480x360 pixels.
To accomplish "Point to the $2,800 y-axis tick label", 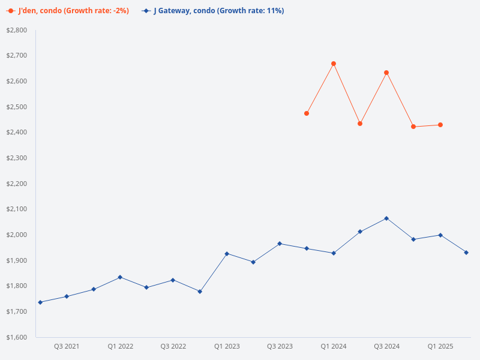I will [17, 30].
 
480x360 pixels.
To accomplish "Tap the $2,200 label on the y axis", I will [17, 184].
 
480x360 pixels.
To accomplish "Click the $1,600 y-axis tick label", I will [17, 337].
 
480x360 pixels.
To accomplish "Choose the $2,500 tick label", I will [17, 107].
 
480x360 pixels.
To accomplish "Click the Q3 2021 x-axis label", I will [67, 346].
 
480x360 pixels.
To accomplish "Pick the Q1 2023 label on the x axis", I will [227, 346].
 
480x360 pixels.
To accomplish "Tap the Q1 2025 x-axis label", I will [440, 346].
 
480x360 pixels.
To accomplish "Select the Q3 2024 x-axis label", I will [387, 346].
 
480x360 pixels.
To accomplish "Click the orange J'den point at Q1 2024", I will [334, 64].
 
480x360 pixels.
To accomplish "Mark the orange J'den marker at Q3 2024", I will [386, 73].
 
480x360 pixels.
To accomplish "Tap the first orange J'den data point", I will [307, 113].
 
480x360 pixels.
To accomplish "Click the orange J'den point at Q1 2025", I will [440, 125].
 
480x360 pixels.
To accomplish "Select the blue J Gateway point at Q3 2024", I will [386, 218].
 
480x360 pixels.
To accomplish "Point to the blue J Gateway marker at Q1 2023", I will [227, 254].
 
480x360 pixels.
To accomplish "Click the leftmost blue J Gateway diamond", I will [40, 302].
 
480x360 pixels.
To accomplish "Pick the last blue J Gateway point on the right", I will [466, 253].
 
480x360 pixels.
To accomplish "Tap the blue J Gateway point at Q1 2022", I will [120, 277].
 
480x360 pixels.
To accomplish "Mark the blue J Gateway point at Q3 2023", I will [280, 244].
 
